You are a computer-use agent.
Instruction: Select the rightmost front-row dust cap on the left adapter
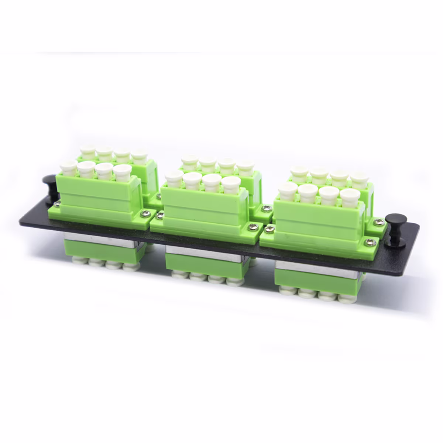click(123, 173)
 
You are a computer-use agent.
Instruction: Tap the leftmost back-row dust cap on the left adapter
click(88, 152)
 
